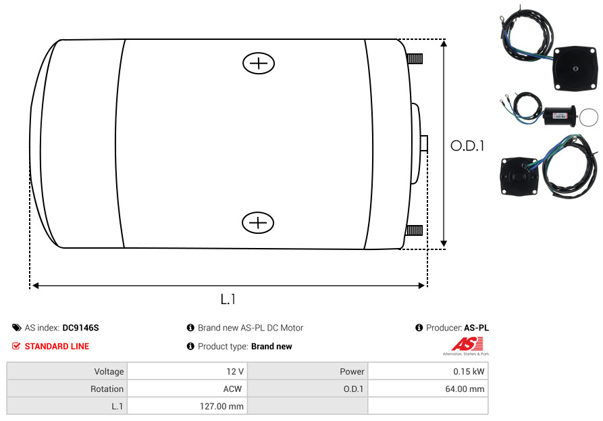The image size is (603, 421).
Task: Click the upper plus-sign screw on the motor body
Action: (x=259, y=63)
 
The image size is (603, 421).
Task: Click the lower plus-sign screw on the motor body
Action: (x=258, y=222)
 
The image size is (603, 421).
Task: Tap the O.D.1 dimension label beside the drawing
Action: (x=467, y=146)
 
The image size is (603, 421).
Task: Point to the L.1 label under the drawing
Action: (x=228, y=299)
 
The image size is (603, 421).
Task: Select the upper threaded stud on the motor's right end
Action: (x=415, y=59)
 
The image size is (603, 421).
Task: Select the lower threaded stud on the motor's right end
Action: (x=414, y=230)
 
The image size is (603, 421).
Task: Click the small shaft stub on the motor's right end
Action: (x=424, y=143)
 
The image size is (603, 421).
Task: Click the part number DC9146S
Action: (x=81, y=328)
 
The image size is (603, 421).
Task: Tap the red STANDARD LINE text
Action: (x=57, y=347)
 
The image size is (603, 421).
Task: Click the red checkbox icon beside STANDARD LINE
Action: (x=16, y=346)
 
